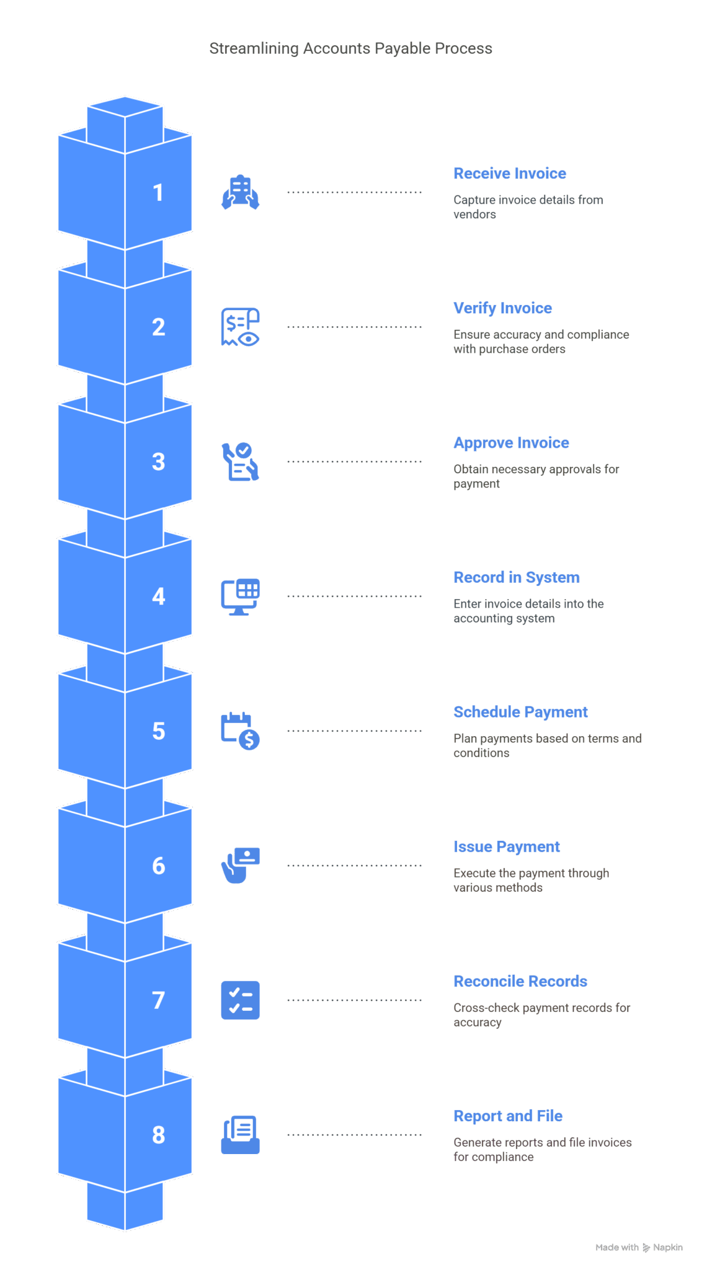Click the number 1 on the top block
[158, 192]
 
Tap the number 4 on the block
[159, 596]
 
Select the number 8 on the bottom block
[159, 1135]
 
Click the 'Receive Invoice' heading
[510, 174]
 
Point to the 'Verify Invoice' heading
[503, 308]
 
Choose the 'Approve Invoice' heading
[512, 443]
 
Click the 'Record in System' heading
[517, 577]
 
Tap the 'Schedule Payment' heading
[521, 712]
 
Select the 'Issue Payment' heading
[507, 846]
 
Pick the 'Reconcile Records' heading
[520, 981]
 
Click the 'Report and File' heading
[508, 1116]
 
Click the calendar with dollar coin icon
[241, 731]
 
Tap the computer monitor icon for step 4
[241, 597]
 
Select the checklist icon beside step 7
[241, 1000]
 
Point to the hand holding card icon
[241, 865]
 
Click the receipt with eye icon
[241, 327]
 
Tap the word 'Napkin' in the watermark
[668, 1247]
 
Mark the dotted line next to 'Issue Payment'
[354, 865]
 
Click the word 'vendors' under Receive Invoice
[474, 215]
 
